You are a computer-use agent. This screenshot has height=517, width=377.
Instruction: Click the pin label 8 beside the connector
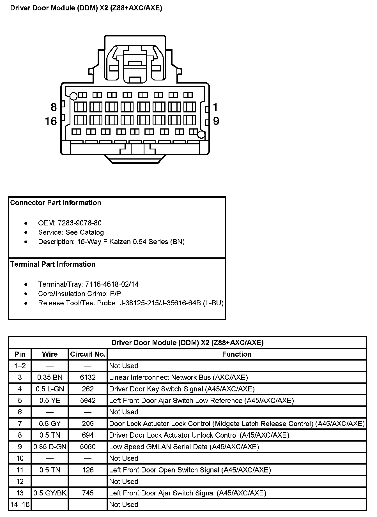coord(54,107)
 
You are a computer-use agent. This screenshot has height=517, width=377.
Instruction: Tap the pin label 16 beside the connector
coord(51,121)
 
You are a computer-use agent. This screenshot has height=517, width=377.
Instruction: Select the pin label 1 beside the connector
coord(215,107)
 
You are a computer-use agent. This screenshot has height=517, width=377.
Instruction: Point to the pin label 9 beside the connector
coord(216,121)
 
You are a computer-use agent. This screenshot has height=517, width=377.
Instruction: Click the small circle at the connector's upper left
coord(73,96)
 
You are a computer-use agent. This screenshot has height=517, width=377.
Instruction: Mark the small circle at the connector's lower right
coord(201,135)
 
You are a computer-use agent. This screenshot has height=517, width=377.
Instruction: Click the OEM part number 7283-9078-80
coord(80,223)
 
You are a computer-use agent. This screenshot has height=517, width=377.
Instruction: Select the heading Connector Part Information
coord(56,203)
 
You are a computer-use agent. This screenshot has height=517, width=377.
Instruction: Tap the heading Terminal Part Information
coord(53,264)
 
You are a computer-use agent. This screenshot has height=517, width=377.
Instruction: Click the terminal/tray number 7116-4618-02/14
coord(112,284)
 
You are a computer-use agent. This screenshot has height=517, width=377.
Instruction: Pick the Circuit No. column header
coord(88,354)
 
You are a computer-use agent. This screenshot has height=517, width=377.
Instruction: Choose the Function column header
coord(237,354)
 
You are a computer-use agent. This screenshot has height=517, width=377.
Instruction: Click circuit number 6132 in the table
coord(88,377)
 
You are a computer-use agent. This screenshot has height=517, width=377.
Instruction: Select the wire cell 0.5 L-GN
coord(50,389)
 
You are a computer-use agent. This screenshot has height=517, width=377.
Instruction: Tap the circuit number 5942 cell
coord(88,400)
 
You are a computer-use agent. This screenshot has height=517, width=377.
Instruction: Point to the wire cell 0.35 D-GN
coord(50,447)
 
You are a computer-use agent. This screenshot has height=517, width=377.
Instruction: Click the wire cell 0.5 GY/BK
coord(50,493)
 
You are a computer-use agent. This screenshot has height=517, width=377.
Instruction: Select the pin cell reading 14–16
coord(20,504)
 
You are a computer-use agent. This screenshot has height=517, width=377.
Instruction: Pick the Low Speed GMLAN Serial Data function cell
coord(184,447)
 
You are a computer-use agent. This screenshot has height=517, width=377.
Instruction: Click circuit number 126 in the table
coord(88,470)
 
